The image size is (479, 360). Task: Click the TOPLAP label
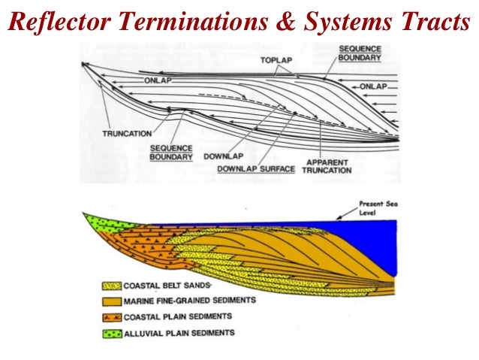click(274, 59)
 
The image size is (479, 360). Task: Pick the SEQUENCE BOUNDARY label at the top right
click(360, 53)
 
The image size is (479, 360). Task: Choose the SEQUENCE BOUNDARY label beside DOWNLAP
click(171, 153)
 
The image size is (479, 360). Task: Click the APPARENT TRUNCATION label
click(327, 165)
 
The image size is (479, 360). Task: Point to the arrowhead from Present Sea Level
click(339, 219)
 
